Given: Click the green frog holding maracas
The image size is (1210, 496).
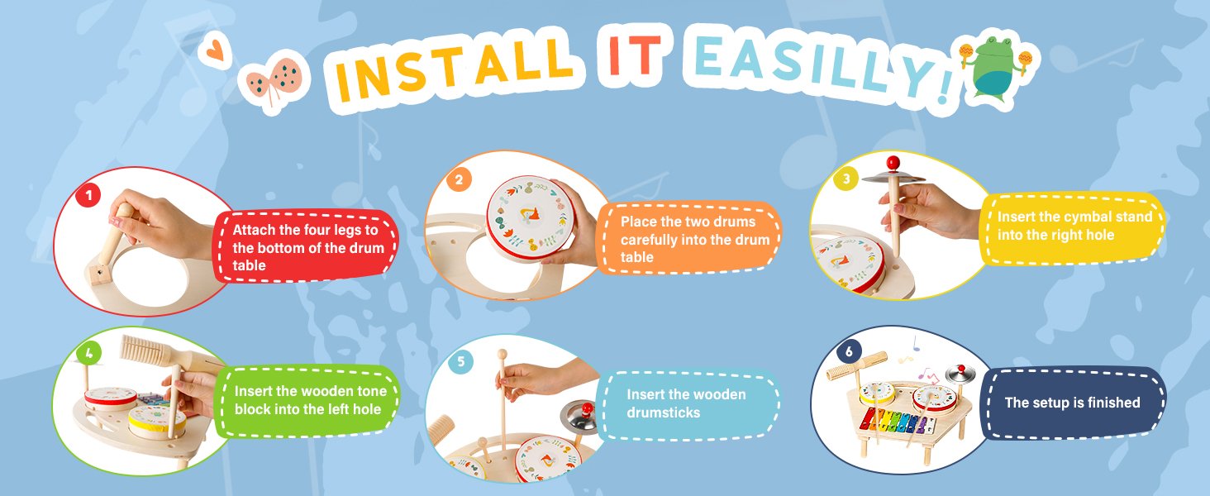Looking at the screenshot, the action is (x=995, y=67).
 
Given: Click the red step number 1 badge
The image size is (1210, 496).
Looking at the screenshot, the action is (x=88, y=195).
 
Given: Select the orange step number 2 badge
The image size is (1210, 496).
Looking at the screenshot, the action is (x=459, y=179).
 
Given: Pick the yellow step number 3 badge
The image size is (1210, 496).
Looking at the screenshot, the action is (x=846, y=179).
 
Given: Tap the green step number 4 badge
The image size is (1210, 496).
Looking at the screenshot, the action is (x=89, y=353).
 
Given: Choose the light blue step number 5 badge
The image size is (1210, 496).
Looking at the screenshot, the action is (x=460, y=361).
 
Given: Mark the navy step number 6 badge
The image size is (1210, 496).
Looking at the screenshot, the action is (x=849, y=351).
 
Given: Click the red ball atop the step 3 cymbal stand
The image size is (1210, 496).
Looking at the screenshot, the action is (x=893, y=161).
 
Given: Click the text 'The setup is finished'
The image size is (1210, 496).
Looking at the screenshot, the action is (x=1072, y=403).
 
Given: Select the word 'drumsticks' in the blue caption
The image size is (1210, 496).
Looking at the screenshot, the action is (x=664, y=413).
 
